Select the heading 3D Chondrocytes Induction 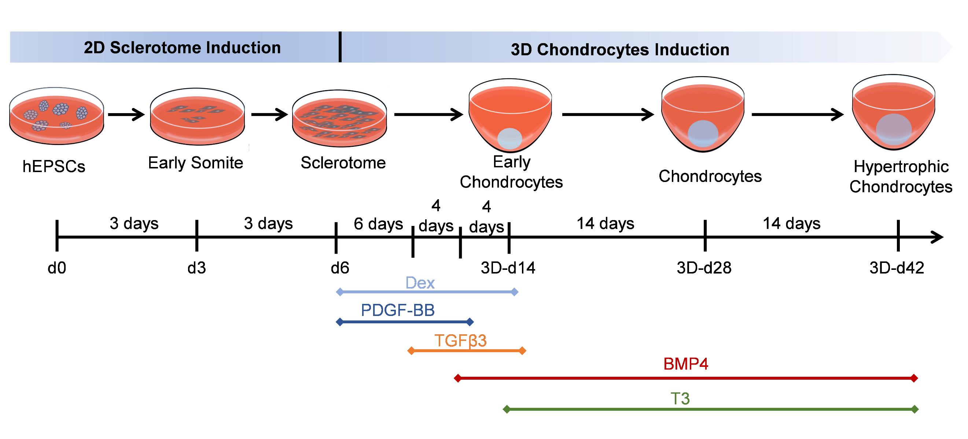[x=620, y=49]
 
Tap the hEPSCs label [x=54, y=166]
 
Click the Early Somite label [x=195, y=163]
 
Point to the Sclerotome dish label [x=343, y=163]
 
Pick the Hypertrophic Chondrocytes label [x=901, y=176]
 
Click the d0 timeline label [x=57, y=268]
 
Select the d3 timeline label [x=196, y=268]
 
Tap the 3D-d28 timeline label [x=704, y=268]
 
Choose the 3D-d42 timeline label [x=897, y=268]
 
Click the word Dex [x=420, y=283]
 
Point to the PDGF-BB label [x=398, y=310]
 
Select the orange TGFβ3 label [x=460, y=341]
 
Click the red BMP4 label [x=686, y=364]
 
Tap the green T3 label [x=680, y=398]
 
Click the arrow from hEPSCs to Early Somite [x=126, y=114]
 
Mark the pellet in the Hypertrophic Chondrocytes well [x=894, y=130]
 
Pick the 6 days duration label [x=378, y=224]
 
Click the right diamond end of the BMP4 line [x=914, y=378]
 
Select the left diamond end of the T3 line [x=507, y=409]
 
